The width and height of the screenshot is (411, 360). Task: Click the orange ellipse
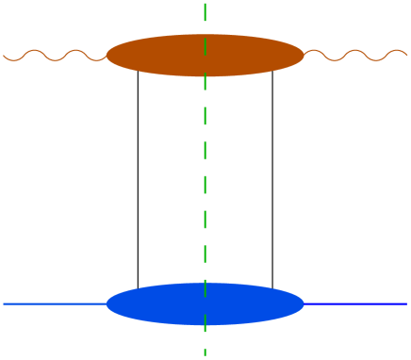pyautogui.click(x=160, y=56)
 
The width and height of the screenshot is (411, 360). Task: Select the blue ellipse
pyautogui.click(x=160, y=303)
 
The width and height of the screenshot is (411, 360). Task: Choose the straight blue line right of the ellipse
pyautogui.click(x=356, y=303)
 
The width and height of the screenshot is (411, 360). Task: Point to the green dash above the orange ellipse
pyautogui.click(x=205, y=13)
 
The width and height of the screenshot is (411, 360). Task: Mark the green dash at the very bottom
pyautogui.click(x=205, y=352)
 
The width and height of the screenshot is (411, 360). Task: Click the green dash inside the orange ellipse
pyautogui.click(x=205, y=55)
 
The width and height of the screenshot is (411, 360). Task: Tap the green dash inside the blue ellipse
pyautogui.click(x=205, y=303)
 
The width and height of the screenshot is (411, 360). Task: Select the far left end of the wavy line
pyautogui.click(x=4, y=56)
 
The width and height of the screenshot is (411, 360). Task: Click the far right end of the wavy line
pyautogui.click(x=407, y=54)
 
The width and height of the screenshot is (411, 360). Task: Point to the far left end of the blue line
pyautogui.click(x=4, y=303)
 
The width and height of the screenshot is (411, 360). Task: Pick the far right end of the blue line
pyautogui.click(x=406, y=303)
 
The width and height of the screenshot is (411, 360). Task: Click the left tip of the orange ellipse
pyautogui.click(x=107, y=56)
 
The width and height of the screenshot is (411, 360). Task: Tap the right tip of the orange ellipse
pyautogui.click(x=304, y=56)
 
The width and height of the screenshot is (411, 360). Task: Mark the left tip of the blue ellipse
pyautogui.click(x=107, y=303)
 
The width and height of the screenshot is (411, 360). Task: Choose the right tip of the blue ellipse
pyautogui.click(x=304, y=303)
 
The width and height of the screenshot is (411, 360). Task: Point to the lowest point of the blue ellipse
pyautogui.click(x=205, y=325)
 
